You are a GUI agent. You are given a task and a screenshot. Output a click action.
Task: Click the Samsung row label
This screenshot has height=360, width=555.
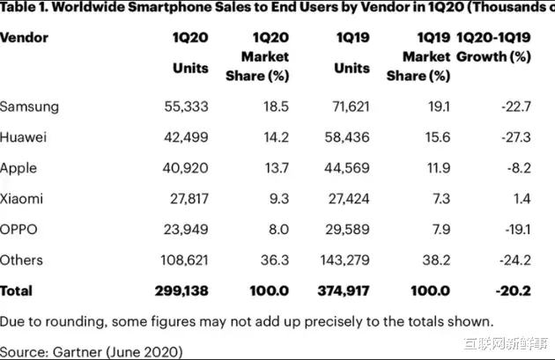(29, 107)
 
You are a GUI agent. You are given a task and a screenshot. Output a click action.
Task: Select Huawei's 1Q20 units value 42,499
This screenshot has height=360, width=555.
(187, 137)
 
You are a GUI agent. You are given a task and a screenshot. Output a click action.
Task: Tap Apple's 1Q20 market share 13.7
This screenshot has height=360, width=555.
(275, 168)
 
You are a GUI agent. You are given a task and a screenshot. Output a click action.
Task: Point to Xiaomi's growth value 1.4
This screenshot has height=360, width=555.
(523, 199)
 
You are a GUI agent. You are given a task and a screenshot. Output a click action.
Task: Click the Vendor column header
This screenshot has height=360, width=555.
(24, 38)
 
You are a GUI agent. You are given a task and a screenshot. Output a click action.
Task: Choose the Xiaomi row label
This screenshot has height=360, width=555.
(25, 199)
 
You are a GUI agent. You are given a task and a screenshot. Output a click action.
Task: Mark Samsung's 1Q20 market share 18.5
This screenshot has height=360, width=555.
(275, 107)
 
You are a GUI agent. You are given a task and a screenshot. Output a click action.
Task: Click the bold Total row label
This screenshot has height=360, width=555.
(18, 290)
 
